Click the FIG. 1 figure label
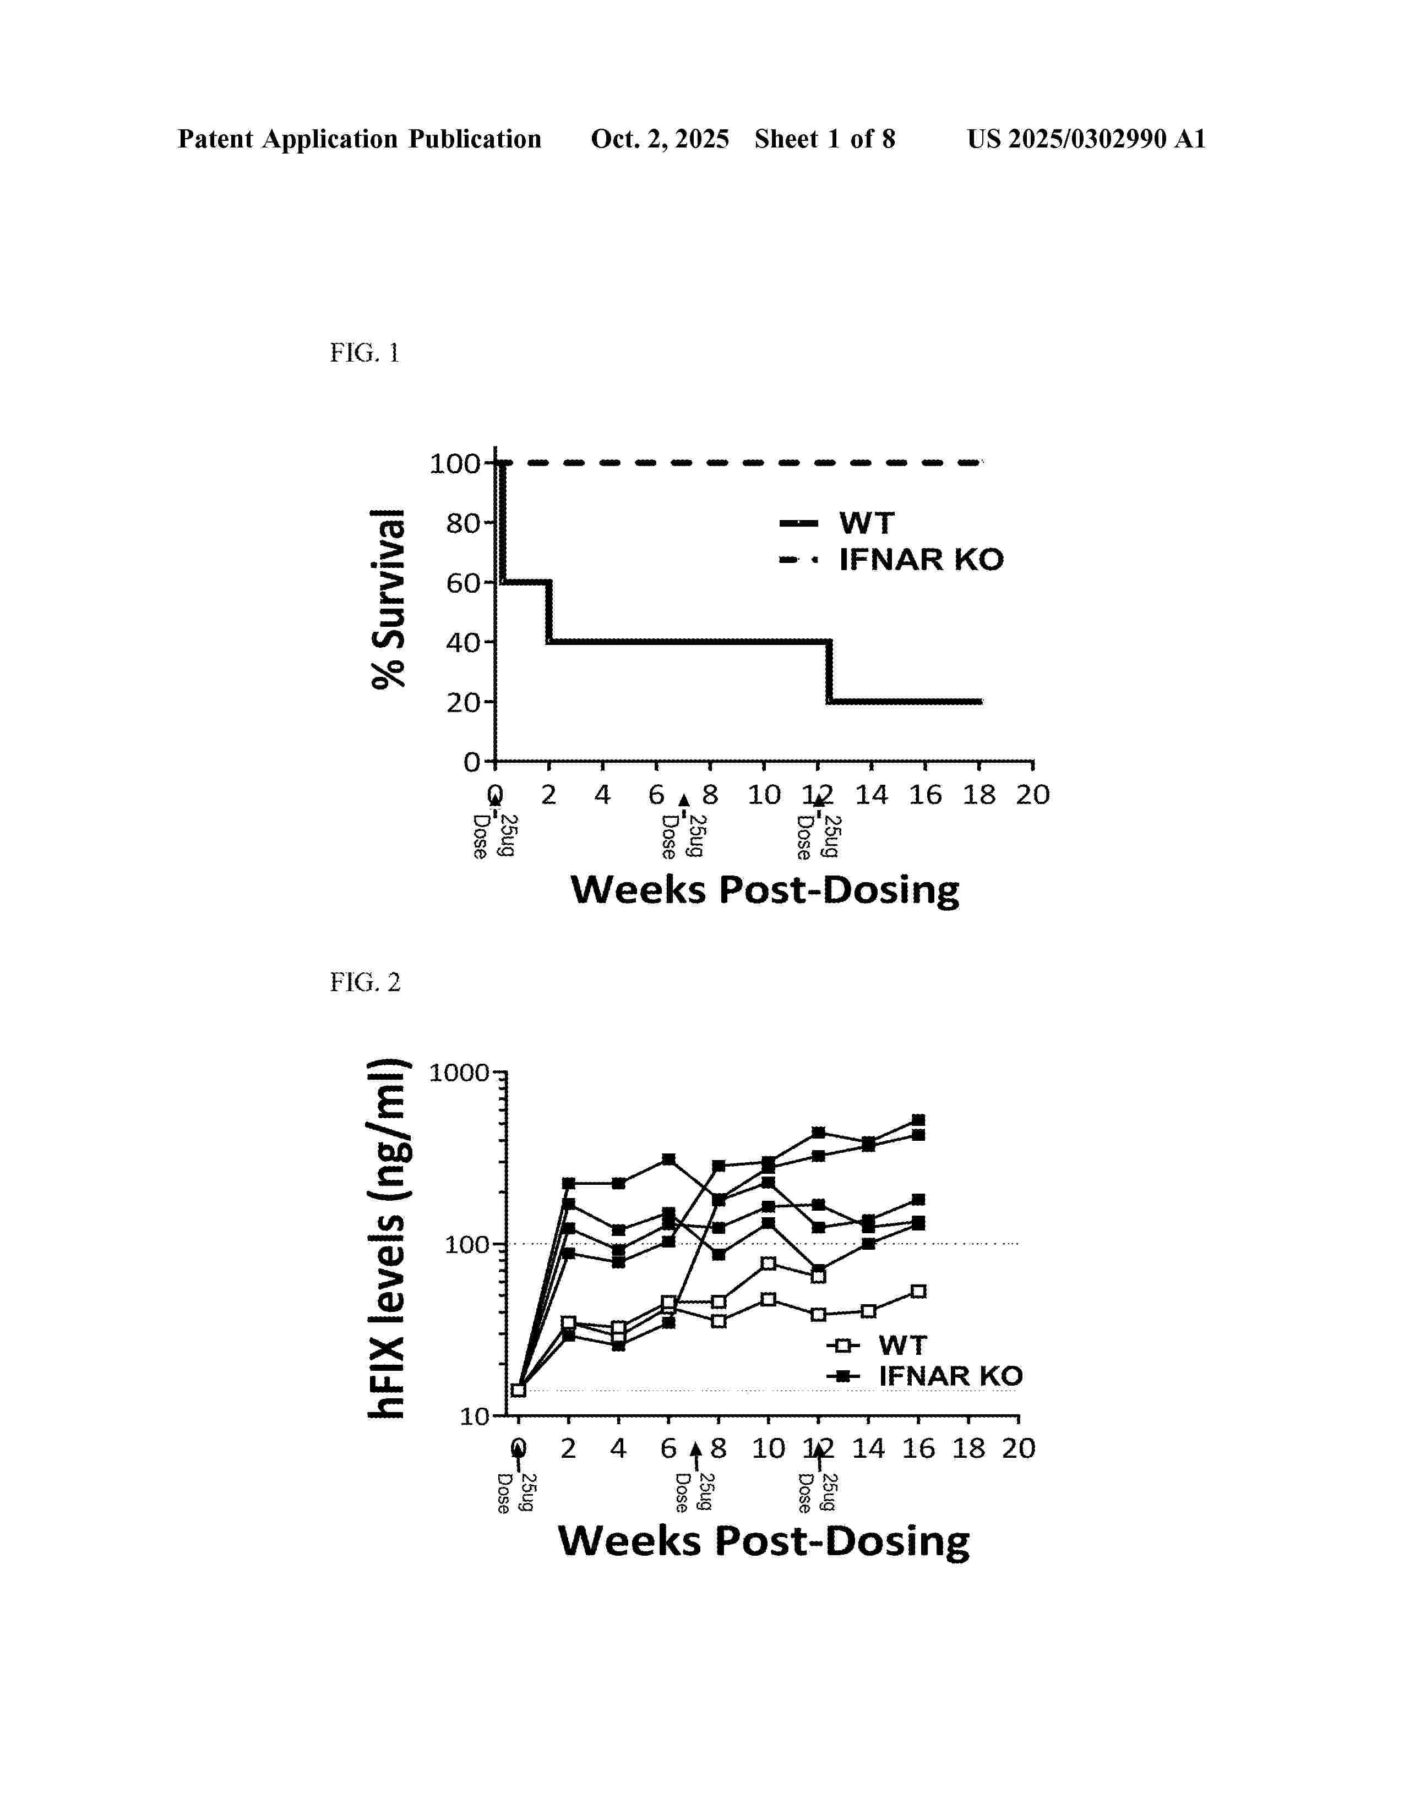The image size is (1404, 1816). pos(364,353)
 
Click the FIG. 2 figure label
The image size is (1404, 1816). pos(364,983)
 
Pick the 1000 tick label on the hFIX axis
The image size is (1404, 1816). pos(459,1073)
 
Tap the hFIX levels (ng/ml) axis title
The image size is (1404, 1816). pos(388,1238)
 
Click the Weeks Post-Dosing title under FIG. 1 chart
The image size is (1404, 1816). pos(764,890)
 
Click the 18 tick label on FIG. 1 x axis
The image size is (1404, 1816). pos(978,795)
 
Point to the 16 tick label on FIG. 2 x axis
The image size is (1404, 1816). pos(918,1448)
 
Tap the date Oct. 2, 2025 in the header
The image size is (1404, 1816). pos(660,139)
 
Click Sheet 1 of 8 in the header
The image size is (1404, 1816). pos(824,139)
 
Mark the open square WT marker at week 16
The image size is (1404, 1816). pos(918,1292)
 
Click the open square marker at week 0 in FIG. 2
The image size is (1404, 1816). pos(518,1390)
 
